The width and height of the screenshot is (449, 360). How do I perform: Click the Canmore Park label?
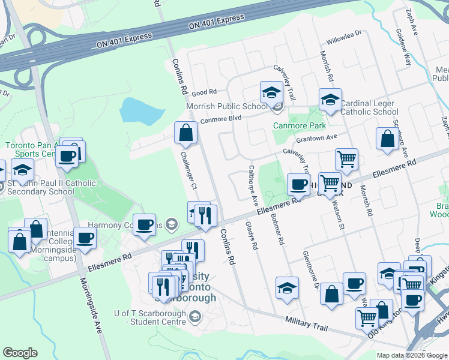[300, 125]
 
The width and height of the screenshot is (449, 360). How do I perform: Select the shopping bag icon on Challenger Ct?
[186, 133]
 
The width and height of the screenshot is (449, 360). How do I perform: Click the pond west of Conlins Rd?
[142, 110]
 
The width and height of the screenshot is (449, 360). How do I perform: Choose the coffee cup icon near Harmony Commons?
[144, 225]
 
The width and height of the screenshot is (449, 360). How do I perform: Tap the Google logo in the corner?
[20, 353]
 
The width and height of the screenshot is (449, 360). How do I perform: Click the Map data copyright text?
[411, 355]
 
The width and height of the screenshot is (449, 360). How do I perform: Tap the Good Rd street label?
[203, 92]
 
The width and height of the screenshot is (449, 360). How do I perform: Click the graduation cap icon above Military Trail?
[287, 288]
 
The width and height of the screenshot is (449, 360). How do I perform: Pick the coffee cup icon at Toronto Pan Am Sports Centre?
[67, 157]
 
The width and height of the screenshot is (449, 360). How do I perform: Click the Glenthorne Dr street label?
[312, 270]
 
